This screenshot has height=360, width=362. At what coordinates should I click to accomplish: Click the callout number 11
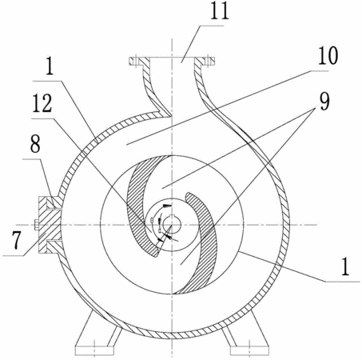[220, 11]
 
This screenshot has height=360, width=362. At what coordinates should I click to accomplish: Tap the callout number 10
[328, 55]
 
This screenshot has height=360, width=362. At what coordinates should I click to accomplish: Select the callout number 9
[324, 101]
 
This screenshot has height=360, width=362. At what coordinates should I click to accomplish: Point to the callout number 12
[42, 103]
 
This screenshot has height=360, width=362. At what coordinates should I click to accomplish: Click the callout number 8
[35, 144]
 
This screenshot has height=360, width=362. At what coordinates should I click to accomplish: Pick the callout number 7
[16, 241]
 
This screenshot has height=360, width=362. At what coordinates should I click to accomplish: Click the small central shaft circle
[172, 225]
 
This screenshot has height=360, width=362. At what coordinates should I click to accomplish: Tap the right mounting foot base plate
[250, 350]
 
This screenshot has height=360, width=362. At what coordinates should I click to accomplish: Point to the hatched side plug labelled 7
[50, 225]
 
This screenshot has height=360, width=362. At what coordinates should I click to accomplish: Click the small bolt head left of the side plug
[37, 225]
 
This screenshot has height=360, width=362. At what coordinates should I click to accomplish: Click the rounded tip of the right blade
[189, 195]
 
